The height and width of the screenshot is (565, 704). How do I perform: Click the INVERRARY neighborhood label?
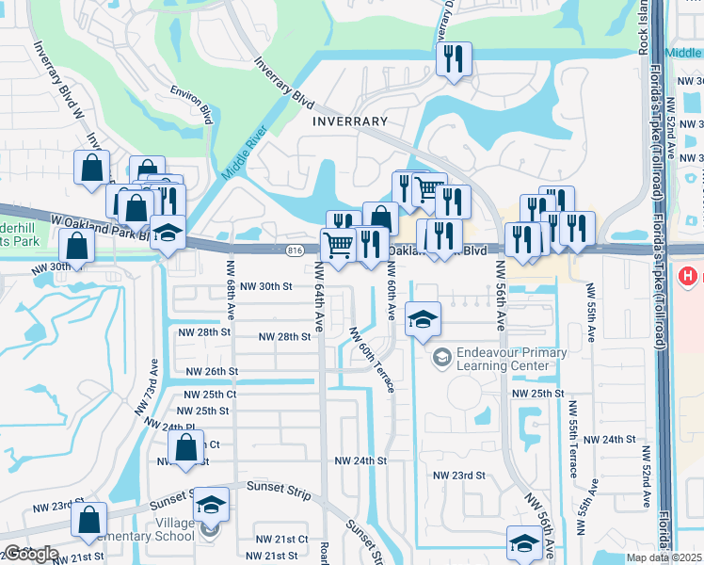coord(351,121)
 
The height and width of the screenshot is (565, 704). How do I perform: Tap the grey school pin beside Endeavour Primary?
coord(440,358)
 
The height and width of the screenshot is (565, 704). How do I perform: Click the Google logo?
coord(31,554)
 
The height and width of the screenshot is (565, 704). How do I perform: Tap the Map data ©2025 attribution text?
coord(664,557)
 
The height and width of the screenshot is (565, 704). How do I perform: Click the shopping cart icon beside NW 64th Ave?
coord(338,246)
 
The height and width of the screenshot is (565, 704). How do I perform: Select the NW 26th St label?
coord(212,372)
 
